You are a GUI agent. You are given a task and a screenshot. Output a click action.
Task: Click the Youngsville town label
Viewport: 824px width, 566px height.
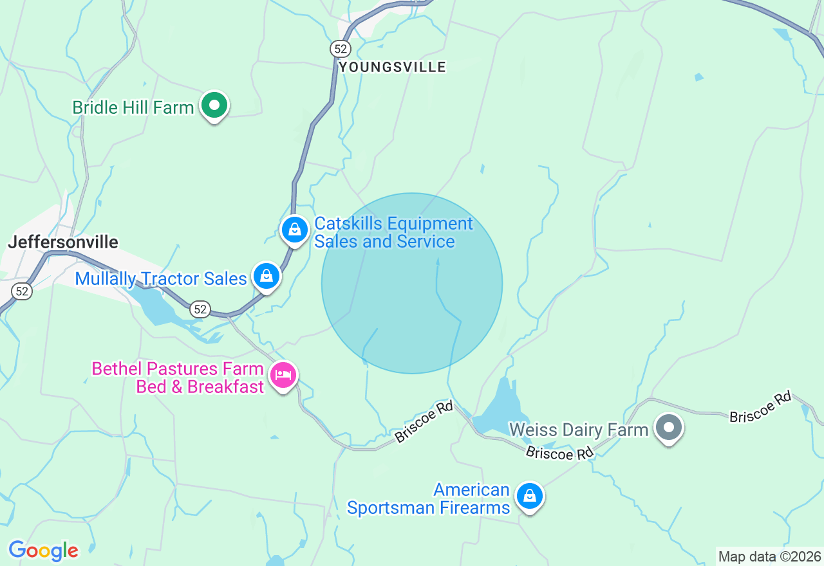pyautogui.click(x=392, y=67)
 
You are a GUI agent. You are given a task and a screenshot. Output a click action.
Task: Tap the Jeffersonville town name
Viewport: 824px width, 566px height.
pyautogui.click(x=63, y=242)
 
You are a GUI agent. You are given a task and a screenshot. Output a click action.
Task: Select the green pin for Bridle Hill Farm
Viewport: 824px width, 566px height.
pyautogui.click(x=214, y=105)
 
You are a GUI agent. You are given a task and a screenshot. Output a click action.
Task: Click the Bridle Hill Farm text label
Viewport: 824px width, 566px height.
pyautogui.click(x=133, y=107)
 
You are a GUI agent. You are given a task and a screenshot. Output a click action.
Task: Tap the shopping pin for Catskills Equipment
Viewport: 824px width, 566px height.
pyautogui.click(x=295, y=230)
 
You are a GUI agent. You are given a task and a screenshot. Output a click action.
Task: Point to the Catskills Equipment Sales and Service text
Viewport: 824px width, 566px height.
pyautogui.click(x=393, y=233)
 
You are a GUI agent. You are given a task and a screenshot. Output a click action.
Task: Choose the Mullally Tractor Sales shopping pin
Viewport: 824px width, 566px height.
pyautogui.click(x=267, y=277)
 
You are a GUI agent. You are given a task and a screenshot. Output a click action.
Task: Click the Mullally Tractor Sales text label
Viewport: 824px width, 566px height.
pyautogui.click(x=161, y=278)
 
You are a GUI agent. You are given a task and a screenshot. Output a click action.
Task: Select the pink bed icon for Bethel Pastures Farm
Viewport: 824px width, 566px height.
pyautogui.click(x=283, y=375)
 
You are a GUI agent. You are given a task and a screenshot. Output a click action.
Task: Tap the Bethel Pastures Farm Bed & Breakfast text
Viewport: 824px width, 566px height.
pyautogui.click(x=178, y=378)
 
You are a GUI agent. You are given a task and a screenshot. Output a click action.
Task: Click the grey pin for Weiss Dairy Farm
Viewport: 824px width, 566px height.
pyautogui.click(x=669, y=427)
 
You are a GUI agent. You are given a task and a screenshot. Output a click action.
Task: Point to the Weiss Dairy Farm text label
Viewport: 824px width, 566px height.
pyautogui.click(x=578, y=429)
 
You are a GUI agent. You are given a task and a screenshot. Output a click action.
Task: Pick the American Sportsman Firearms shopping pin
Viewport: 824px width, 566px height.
pyautogui.click(x=529, y=496)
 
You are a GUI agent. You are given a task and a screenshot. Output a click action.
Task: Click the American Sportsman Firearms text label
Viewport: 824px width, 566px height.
pyautogui.click(x=428, y=499)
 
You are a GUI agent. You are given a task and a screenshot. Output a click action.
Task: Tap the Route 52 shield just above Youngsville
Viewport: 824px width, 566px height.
pyautogui.click(x=340, y=48)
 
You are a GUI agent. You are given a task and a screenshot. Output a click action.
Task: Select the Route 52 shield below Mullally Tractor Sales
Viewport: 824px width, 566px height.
pyautogui.click(x=200, y=309)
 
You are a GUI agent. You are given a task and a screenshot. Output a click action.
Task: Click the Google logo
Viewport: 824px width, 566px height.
pyautogui.click(x=43, y=551)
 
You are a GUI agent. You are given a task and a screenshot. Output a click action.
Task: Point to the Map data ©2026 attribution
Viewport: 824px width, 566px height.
pyautogui.click(x=769, y=556)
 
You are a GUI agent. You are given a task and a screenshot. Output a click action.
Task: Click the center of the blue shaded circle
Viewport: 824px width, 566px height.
pyautogui.click(x=412, y=283)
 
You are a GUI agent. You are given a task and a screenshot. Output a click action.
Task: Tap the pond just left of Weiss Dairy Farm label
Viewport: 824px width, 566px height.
pyautogui.click(x=501, y=409)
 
